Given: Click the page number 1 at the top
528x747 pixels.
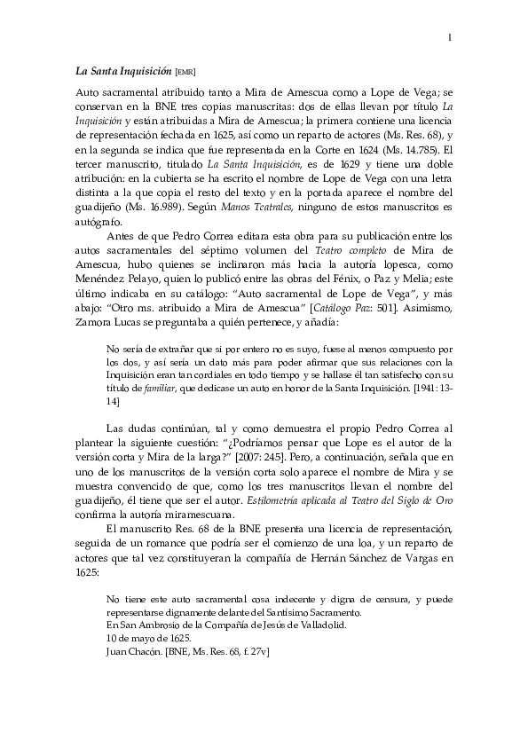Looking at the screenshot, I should tap(450, 36).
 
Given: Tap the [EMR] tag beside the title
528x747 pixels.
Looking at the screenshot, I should tap(186, 71).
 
